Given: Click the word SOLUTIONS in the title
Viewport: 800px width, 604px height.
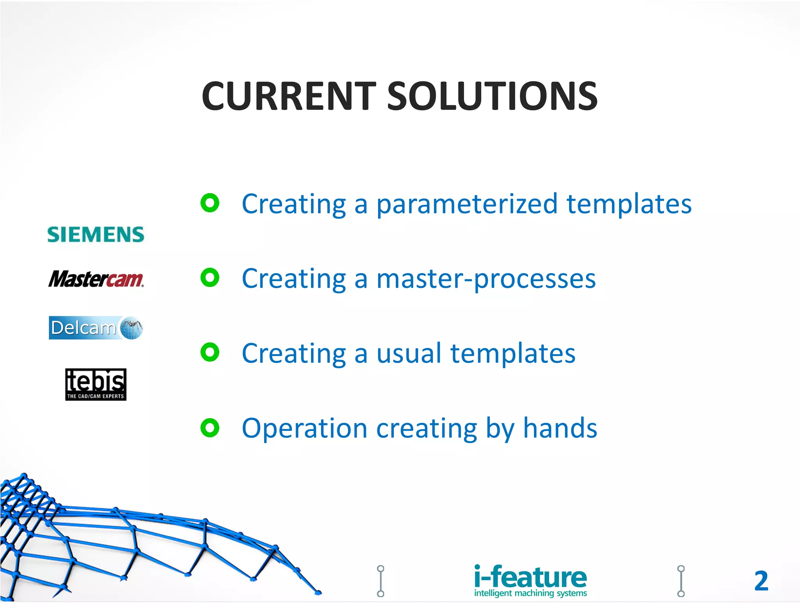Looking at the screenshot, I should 492,97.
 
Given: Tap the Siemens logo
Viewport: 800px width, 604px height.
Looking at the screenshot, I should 96,235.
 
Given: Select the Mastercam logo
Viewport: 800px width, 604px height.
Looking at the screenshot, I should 96,279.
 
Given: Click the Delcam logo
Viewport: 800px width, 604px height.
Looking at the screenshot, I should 96,328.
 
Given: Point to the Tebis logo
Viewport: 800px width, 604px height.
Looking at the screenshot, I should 96,384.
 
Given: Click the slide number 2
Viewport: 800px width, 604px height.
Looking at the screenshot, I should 761,581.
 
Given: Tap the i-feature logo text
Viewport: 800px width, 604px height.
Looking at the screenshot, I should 530,577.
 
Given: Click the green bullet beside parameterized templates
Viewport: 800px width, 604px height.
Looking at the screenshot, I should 210,203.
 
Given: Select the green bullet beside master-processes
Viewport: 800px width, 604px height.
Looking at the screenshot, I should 210,278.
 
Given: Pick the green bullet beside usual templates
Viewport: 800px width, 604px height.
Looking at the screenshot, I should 210,352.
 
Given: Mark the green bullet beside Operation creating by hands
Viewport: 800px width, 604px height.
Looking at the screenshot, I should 210,427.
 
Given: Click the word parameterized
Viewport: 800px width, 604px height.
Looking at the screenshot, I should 466,205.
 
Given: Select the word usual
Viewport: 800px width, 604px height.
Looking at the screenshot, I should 409,354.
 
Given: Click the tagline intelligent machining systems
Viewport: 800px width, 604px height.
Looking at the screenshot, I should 530,593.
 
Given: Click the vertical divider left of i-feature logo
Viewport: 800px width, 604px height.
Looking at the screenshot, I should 380,581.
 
